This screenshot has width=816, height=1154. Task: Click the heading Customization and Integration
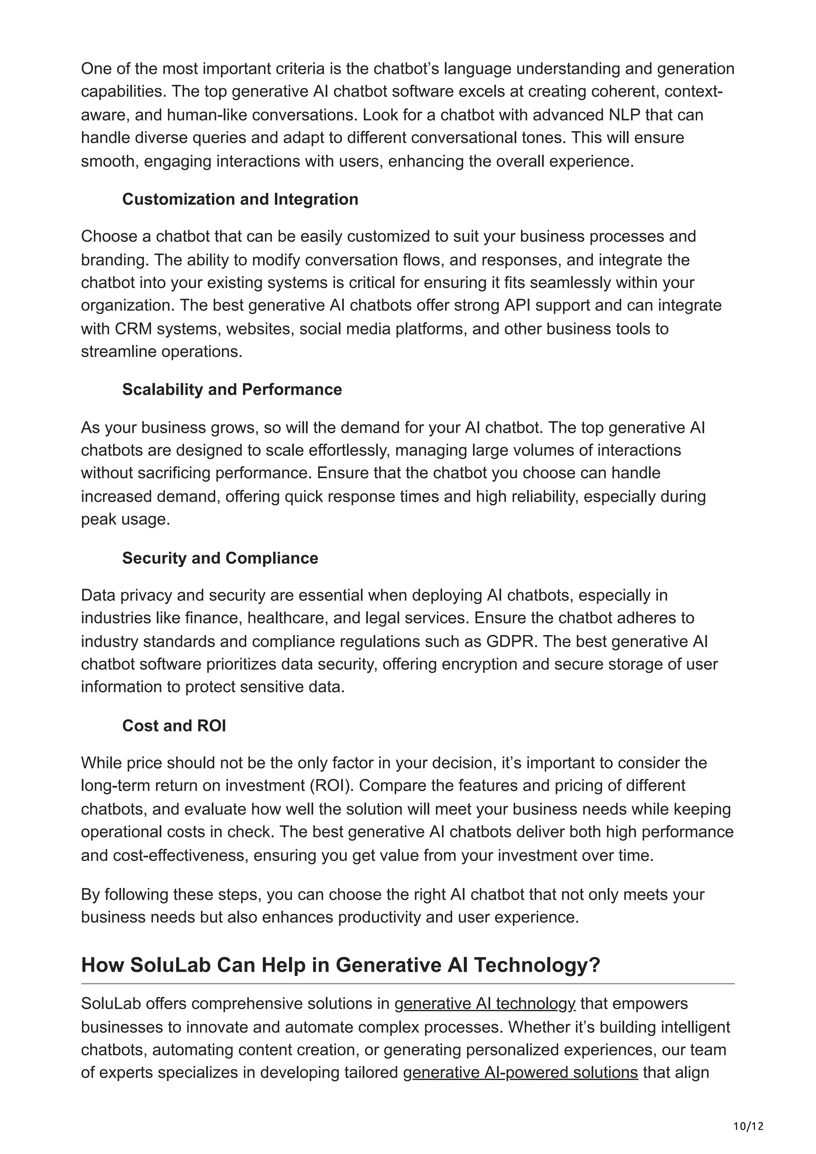click(x=240, y=199)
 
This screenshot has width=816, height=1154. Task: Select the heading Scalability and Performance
click(x=232, y=389)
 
